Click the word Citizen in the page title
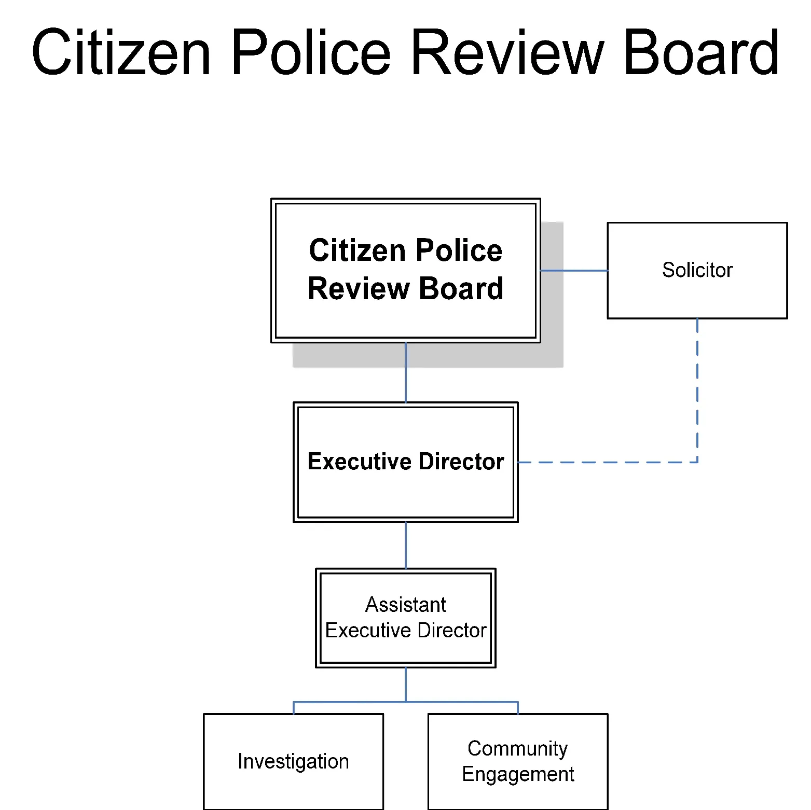click(121, 52)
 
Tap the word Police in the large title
click(310, 52)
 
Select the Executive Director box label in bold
click(405, 462)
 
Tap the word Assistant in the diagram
click(405, 605)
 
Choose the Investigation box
click(293, 761)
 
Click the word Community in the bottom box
click(517, 748)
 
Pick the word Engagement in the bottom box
click(517, 774)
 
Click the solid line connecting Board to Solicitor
click(574, 270)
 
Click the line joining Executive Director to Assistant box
click(406, 545)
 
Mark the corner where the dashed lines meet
click(697, 462)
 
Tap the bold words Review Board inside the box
click(405, 289)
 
